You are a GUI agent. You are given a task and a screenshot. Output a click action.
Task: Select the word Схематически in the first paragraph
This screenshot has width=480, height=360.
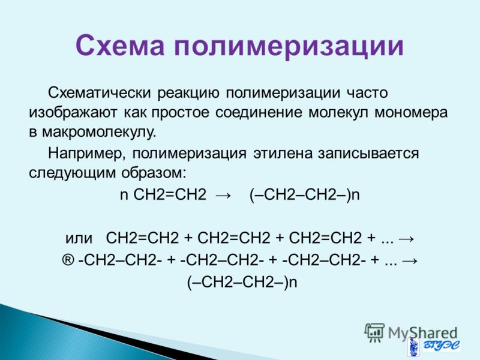99,93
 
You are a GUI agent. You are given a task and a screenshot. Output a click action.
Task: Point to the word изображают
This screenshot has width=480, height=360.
73,113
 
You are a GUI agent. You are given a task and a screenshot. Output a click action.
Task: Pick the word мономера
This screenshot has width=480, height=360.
411,113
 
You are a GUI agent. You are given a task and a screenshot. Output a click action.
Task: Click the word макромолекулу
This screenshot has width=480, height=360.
99,133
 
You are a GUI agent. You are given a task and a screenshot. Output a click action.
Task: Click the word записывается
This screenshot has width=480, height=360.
368,154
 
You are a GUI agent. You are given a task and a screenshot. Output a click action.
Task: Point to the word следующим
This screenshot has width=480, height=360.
72,173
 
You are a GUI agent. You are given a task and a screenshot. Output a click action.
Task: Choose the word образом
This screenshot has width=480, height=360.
154,173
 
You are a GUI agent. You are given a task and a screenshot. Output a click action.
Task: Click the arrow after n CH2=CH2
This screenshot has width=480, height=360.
223,196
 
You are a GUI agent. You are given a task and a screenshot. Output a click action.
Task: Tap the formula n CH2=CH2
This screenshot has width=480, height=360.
163,194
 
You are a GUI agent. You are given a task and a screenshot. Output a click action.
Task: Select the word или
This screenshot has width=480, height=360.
79,238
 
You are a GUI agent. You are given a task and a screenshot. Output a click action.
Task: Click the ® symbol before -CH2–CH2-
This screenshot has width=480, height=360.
68,260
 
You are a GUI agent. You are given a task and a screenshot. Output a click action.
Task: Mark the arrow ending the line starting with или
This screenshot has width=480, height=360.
406,238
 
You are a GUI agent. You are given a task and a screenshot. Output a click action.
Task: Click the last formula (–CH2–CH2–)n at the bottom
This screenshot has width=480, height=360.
242,282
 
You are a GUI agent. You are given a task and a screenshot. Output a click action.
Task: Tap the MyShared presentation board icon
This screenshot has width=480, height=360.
374,332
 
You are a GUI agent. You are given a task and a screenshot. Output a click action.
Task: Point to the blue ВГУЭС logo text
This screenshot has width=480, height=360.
441,346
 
